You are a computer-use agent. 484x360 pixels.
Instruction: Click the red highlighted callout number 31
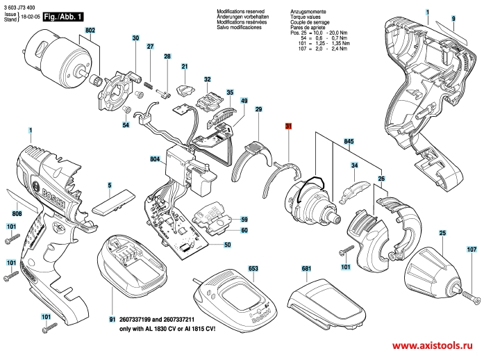tap(288, 126)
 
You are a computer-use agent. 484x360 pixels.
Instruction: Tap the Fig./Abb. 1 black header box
tap(62, 13)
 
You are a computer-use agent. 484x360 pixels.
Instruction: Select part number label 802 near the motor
tap(90, 31)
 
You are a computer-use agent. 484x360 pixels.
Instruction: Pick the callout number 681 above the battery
tap(306, 268)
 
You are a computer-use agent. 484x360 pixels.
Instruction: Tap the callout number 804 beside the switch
tap(155, 161)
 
